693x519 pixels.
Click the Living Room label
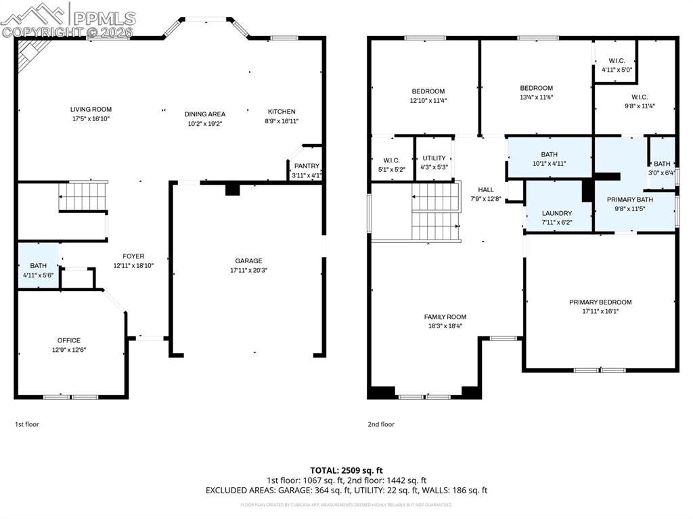91,109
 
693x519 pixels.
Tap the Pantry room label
307,166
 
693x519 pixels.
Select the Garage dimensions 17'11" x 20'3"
248,270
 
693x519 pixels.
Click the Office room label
69,340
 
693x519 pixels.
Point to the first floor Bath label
39,266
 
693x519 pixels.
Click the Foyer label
133,256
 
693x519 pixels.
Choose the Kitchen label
282,112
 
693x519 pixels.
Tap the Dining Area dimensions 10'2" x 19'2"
205,124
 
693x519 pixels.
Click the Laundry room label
556,213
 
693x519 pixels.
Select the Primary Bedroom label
600,302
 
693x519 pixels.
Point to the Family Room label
445,317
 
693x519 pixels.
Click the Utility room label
434,158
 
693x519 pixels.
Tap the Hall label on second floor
486,190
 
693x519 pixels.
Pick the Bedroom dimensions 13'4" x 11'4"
536,97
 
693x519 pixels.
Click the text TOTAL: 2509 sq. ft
346,470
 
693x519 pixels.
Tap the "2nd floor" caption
381,424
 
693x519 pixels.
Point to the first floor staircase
83,196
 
